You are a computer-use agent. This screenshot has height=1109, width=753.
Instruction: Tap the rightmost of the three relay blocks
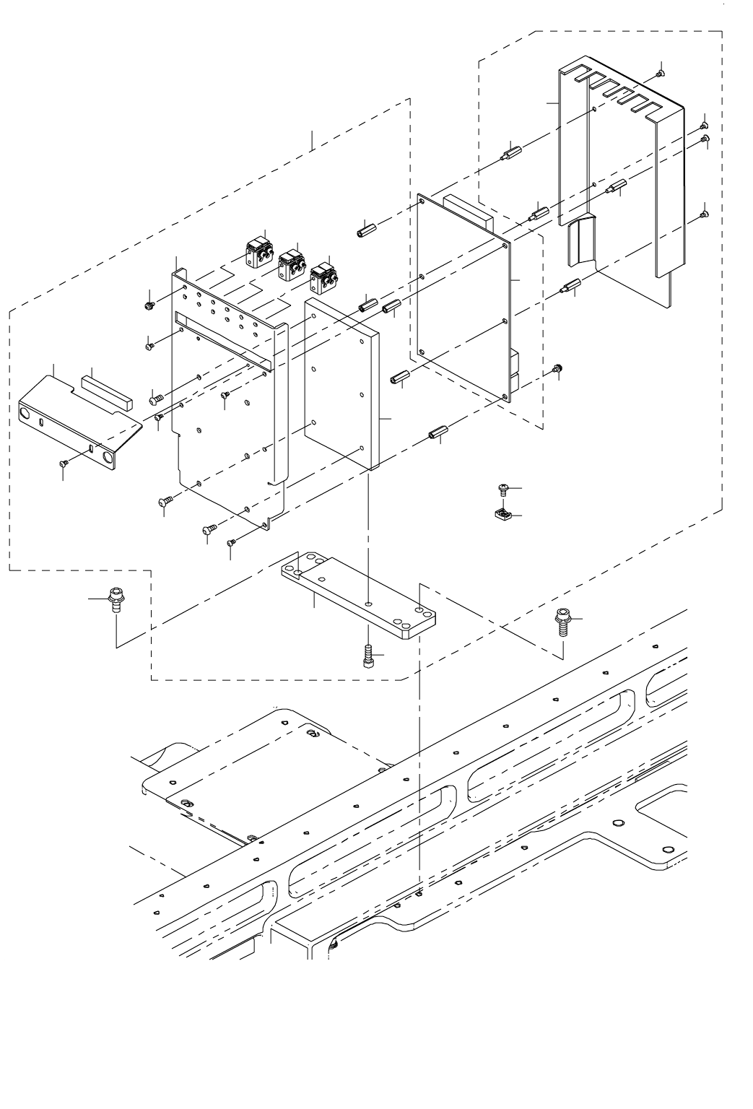323,276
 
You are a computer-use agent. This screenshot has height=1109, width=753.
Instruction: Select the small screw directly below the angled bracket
64,463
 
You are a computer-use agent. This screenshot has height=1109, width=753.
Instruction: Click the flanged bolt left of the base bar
114,599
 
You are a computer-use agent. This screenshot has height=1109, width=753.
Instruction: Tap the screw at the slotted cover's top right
661,72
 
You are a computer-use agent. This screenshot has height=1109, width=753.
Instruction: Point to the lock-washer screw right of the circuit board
557,369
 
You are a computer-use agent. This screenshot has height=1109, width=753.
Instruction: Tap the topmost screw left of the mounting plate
149,305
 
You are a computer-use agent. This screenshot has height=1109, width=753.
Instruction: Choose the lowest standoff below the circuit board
437,435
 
